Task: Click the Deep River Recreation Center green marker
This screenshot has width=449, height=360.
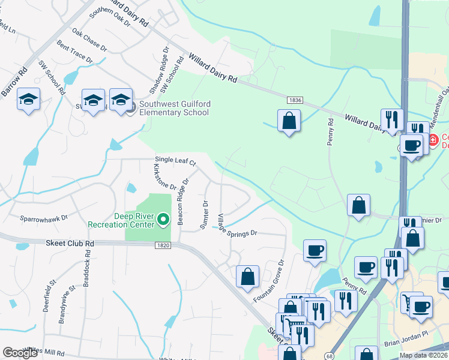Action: pos(164,221)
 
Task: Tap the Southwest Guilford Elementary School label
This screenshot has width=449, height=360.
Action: pos(175,107)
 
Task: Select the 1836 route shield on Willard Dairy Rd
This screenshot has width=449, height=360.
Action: pos(294,100)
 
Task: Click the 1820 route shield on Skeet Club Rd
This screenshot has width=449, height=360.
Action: pos(162,245)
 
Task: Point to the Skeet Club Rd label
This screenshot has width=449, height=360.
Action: pos(70,244)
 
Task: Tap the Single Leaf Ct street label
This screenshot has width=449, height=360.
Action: pos(176,161)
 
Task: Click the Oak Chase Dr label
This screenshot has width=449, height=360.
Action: pos(89,40)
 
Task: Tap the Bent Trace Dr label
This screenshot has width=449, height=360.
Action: pos(74,53)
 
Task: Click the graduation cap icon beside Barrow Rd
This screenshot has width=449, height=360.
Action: pos(28,99)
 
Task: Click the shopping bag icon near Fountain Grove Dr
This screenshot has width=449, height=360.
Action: pos(247,277)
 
